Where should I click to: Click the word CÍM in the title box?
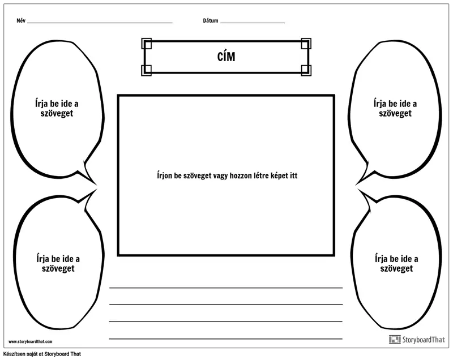point(226,57)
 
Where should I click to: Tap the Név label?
point(21,20)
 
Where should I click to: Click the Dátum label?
point(210,20)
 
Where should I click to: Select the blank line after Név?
point(100,23)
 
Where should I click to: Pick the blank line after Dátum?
point(253,23)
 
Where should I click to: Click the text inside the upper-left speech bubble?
point(57,108)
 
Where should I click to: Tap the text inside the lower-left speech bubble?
point(58,263)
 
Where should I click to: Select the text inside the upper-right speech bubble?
point(395,108)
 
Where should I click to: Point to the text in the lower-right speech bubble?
point(396,263)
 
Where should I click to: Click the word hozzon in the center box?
point(240,175)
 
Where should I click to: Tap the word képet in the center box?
point(280,176)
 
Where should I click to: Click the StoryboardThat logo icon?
point(395,340)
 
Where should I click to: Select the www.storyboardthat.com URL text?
point(31,341)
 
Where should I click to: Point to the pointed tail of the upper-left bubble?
point(95,183)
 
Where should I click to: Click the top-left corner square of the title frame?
point(147,44)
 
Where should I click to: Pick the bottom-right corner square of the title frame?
point(306,70)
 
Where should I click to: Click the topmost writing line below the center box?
point(225,288)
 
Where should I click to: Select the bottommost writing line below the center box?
point(225,338)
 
